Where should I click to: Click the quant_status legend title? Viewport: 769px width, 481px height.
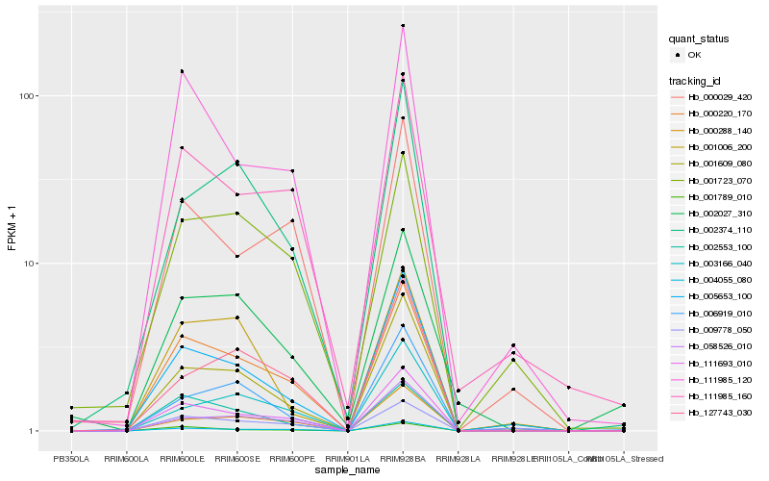point(700,39)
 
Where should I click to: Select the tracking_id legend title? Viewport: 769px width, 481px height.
point(696,81)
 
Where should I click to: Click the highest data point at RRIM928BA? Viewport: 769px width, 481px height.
point(403,26)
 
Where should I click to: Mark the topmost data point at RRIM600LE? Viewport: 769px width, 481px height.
point(182,71)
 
